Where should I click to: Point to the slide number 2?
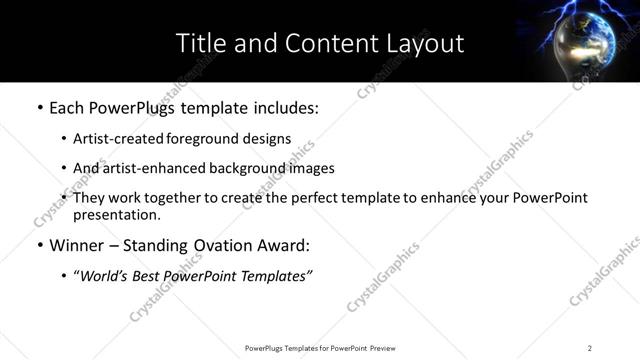pos(590,348)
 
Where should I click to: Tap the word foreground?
pos(207,139)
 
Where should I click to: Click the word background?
pos(252,169)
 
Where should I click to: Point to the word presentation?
pos(117,214)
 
